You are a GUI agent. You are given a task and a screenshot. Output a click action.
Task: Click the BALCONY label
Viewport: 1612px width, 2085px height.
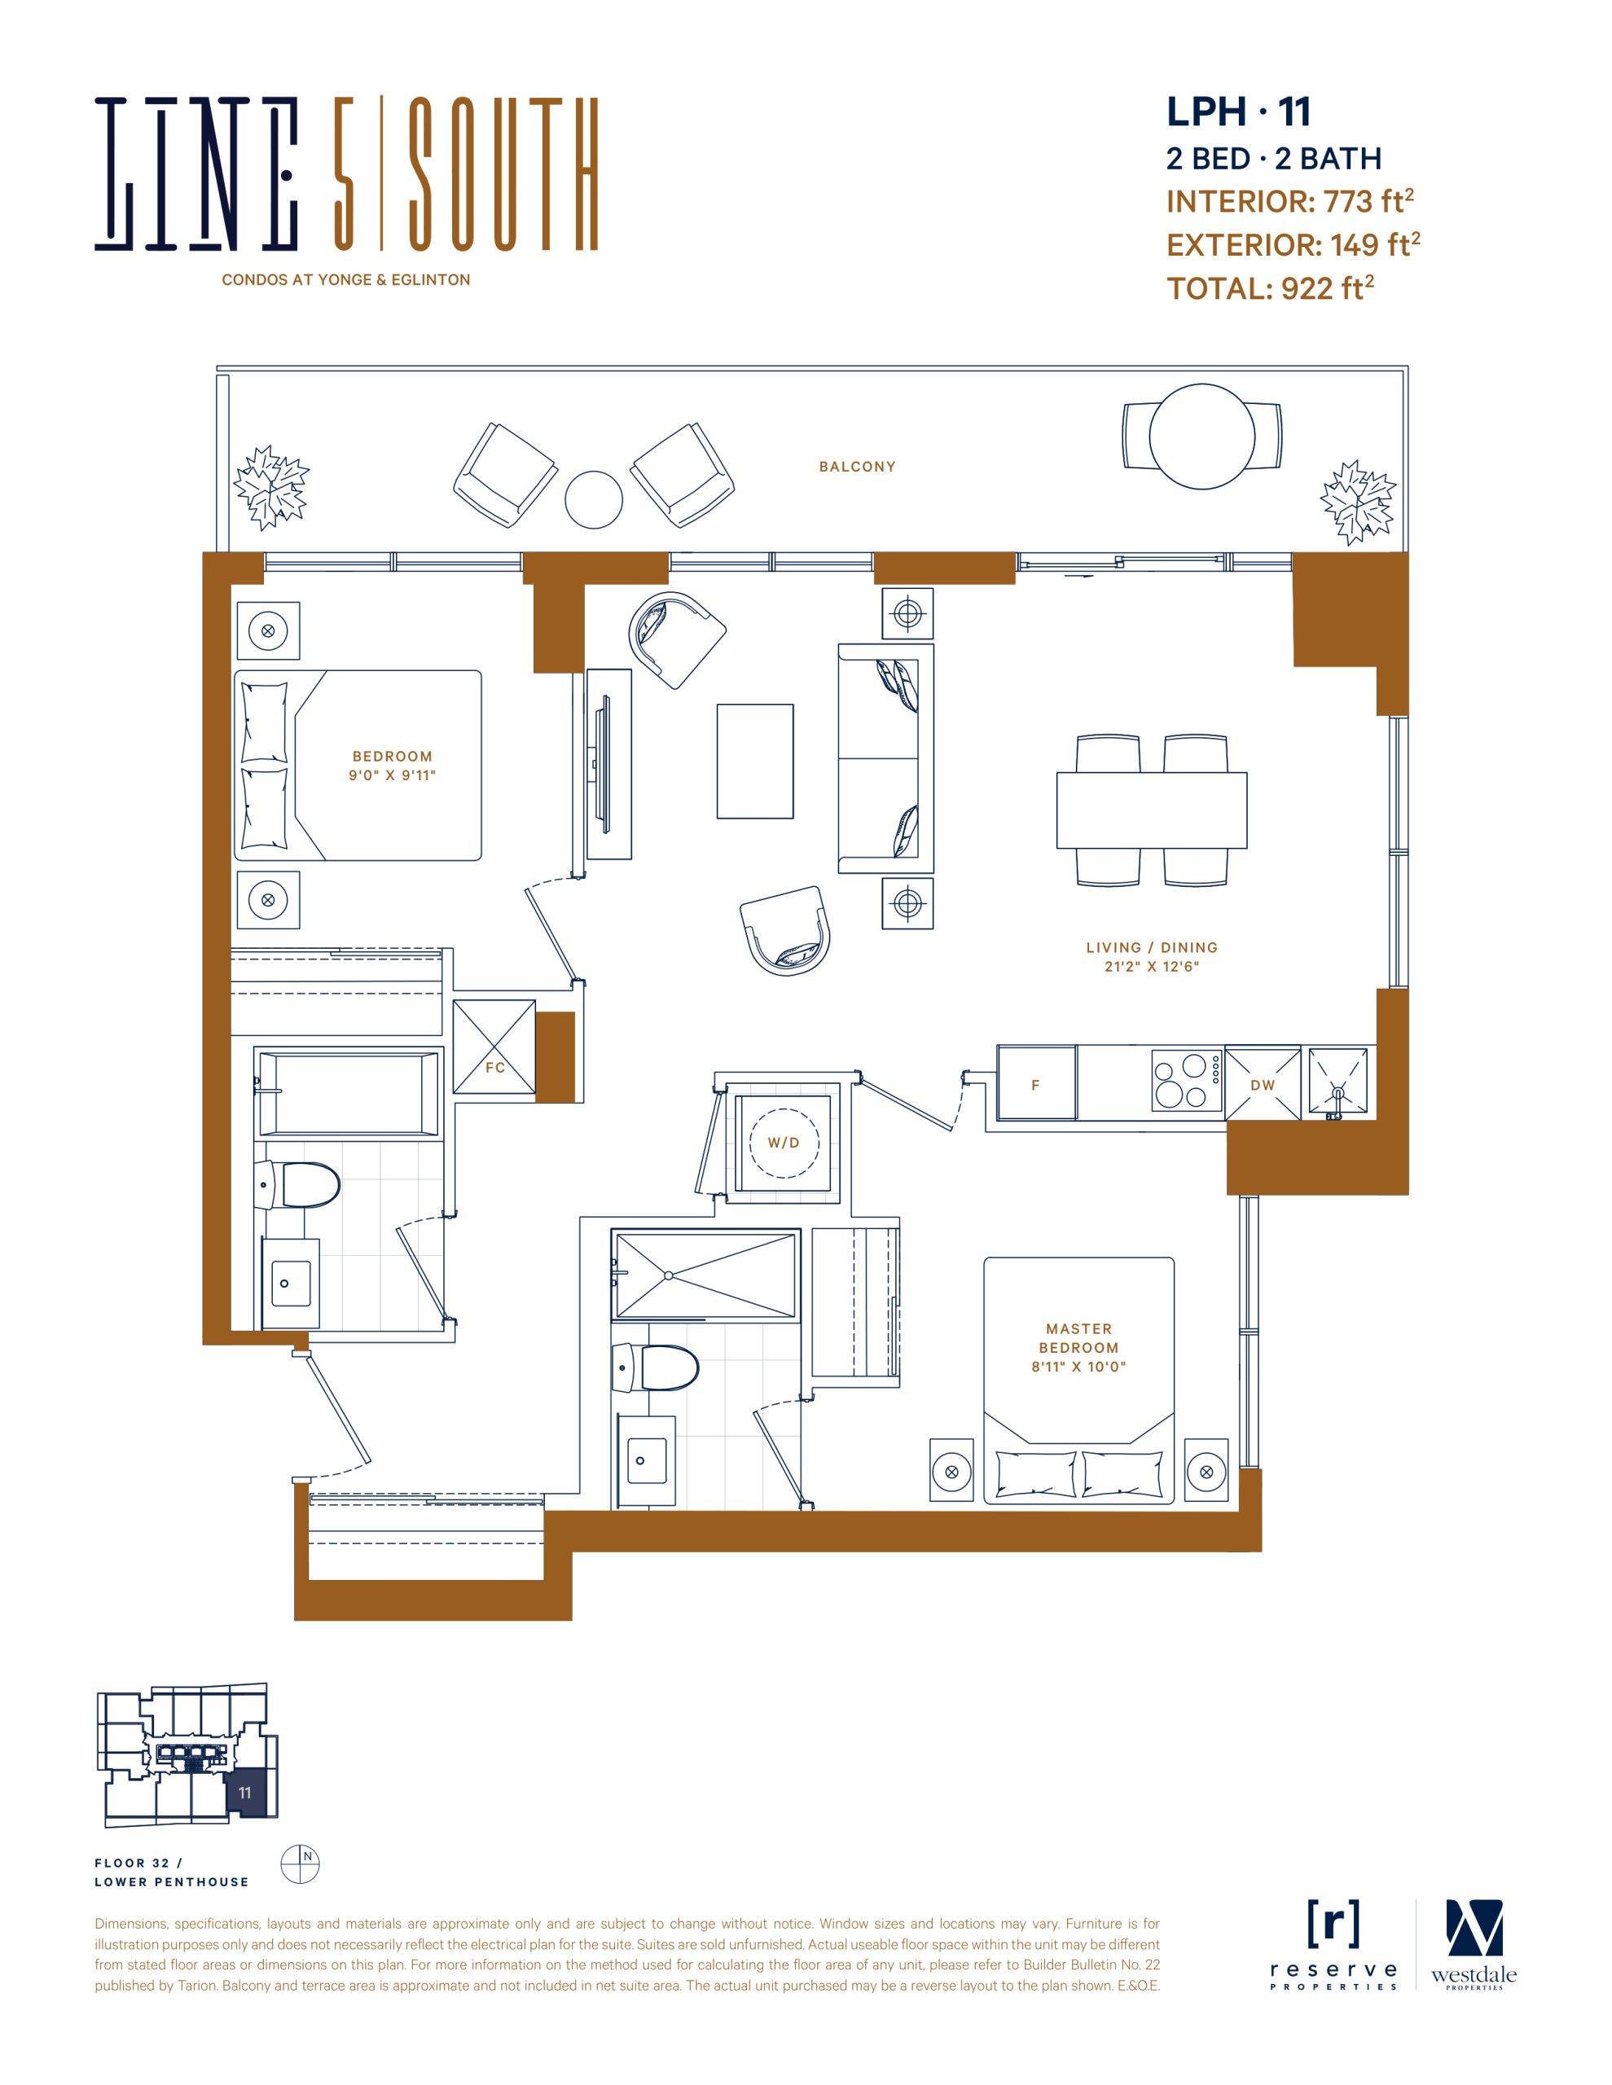tap(857, 467)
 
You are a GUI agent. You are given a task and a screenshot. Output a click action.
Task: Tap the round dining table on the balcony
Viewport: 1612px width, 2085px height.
tap(1201, 437)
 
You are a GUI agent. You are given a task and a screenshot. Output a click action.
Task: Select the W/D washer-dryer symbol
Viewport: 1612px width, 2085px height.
tap(783, 1143)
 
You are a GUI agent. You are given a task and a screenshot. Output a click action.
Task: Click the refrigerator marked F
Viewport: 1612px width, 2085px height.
tap(1036, 1083)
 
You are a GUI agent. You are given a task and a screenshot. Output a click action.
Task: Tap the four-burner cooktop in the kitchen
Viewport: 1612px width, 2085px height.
tap(1186, 1081)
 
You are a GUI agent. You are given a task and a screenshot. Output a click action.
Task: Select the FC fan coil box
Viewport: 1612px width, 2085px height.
tap(494, 1047)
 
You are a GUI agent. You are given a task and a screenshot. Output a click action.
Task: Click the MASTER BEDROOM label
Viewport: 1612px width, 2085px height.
tap(1078, 1337)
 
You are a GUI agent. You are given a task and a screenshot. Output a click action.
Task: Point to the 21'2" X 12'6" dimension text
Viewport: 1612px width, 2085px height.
tap(1152, 966)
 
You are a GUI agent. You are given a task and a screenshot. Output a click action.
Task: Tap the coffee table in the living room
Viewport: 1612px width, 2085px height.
tap(755, 761)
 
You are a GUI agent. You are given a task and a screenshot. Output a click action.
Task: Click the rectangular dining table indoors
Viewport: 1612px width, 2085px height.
tap(1152, 810)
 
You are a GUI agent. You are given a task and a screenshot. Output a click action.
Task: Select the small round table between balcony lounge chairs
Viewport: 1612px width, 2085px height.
tap(593, 499)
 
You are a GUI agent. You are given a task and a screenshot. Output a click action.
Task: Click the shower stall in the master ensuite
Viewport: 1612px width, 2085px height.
tap(705, 1275)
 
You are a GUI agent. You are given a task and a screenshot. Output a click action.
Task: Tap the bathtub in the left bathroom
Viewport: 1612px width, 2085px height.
tap(348, 1092)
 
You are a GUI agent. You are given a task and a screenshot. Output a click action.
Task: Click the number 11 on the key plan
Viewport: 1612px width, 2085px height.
tap(244, 1793)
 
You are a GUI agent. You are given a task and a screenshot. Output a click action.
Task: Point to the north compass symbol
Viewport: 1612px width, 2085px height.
tap(300, 1863)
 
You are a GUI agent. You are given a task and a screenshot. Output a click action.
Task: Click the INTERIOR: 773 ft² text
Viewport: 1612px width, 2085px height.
tap(1289, 201)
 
